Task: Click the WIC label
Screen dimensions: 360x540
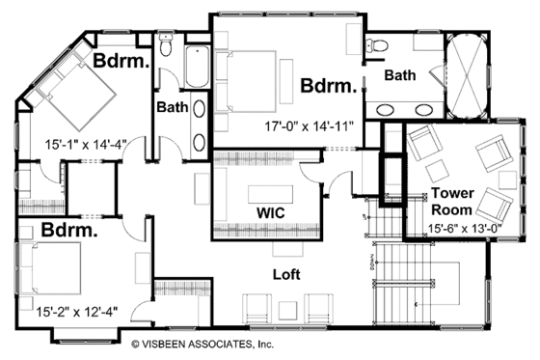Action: click(x=268, y=210)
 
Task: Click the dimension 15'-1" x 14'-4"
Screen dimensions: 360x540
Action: click(x=86, y=144)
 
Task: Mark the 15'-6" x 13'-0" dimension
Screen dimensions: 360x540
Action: click(x=448, y=229)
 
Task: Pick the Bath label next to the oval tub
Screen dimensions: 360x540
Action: click(x=399, y=75)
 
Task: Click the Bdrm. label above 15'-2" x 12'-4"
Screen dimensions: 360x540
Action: click(x=70, y=233)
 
